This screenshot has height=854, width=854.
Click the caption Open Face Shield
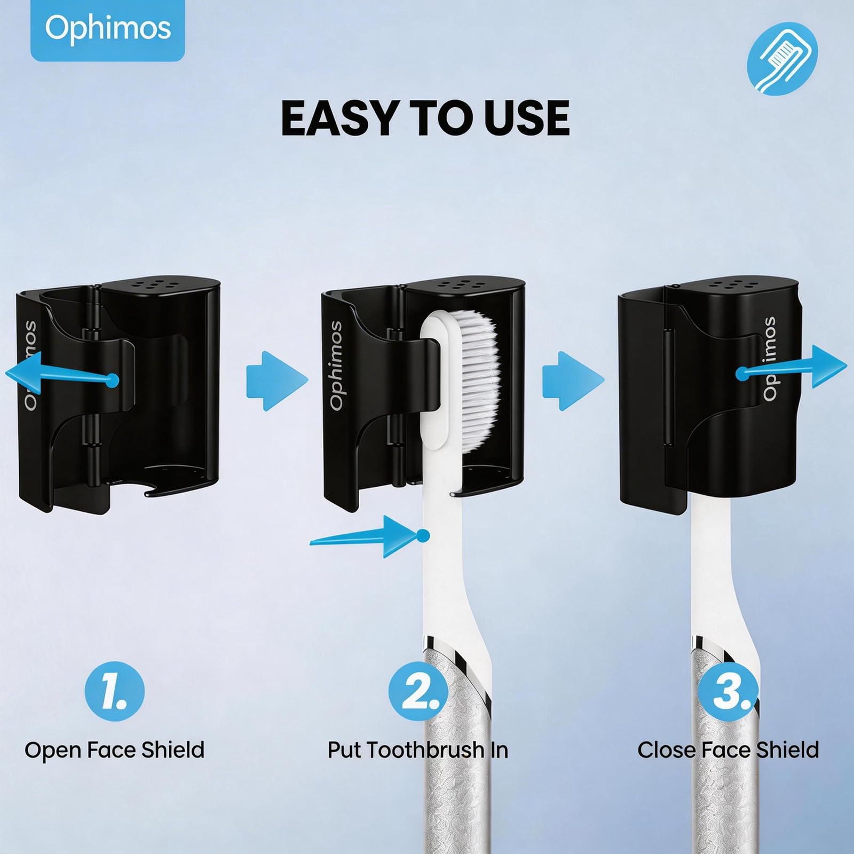pos(114,750)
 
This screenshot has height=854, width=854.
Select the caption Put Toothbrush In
pos(418,750)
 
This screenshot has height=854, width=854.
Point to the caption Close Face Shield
pos(728,750)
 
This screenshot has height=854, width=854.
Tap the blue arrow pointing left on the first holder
pos(61,374)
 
